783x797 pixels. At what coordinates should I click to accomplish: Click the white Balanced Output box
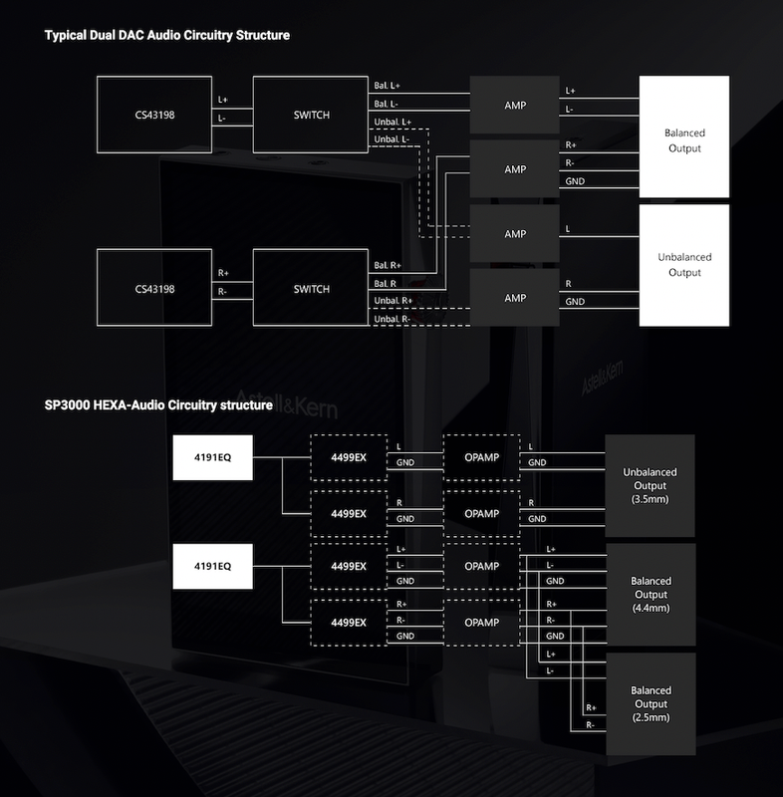[684, 136]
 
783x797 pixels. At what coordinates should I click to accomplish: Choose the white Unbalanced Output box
[684, 265]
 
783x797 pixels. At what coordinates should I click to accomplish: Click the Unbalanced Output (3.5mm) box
[650, 485]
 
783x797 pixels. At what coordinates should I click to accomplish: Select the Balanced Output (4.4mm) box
[651, 594]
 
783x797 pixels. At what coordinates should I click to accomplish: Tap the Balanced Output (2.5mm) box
[651, 704]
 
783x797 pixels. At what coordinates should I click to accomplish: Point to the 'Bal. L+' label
[388, 86]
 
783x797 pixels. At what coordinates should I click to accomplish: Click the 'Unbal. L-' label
[391, 139]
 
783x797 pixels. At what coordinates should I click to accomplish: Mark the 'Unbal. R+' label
[393, 301]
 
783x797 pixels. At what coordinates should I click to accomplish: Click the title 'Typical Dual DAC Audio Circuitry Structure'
[167, 35]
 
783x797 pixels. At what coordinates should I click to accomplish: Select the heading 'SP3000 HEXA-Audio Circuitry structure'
[158, 405]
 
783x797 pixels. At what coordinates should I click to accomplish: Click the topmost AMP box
[515, 106]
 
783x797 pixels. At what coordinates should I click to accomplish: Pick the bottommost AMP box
[515, 298]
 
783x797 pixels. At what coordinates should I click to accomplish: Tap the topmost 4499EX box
[349, 457]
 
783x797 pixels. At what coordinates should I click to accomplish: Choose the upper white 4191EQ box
[212, 457]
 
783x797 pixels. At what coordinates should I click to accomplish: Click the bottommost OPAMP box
[482, 623]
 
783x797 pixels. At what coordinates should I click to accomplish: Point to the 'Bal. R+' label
[388, 265]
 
